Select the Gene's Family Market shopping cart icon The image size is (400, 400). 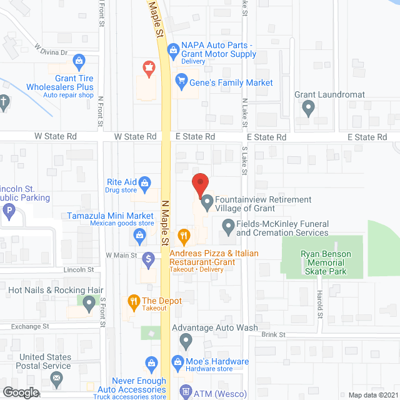[182, 80]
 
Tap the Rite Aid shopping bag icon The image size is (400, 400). [144, 183]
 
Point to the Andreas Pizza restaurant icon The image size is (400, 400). [184, 236]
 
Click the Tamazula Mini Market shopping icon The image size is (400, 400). [139, 236]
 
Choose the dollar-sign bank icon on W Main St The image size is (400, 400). [149, 257]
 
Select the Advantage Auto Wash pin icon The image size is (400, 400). [186, 341]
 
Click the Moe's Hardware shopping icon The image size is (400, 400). [151, 362]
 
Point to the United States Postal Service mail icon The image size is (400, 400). [57, 378]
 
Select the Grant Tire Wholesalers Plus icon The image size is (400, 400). [79, 61]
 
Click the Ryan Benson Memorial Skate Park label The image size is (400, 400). [326, 262]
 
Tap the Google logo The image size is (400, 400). [21, 392]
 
